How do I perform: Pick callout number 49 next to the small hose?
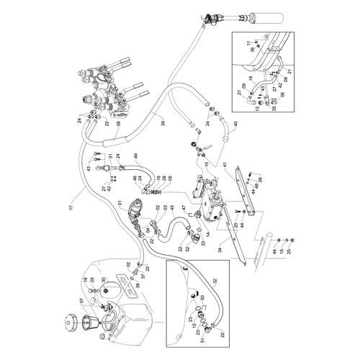[x=135, y=156]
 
